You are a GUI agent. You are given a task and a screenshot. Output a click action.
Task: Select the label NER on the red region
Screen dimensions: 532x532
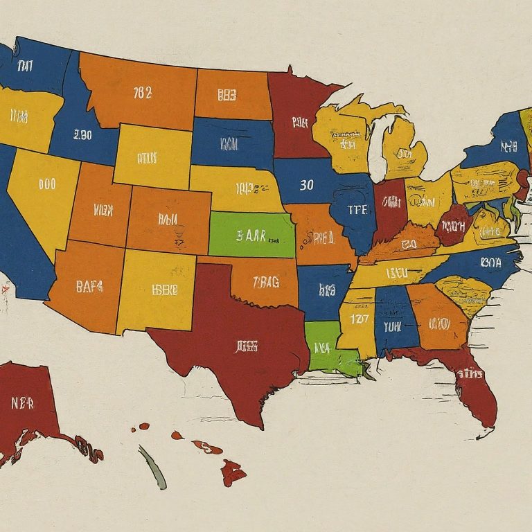coord(23,402)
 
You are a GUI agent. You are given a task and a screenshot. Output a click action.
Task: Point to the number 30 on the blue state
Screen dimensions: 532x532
coord(307,185)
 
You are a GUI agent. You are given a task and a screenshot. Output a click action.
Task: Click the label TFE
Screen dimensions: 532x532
coord(357,211)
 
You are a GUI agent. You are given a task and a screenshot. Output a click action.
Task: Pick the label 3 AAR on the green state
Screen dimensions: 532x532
coord(251,235)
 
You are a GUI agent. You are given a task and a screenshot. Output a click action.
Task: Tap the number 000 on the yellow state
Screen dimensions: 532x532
coord(47,184)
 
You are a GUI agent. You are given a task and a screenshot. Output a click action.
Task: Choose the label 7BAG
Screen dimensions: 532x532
coord(266,281)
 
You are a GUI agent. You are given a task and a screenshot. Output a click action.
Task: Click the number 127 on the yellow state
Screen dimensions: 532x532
coord(359,319)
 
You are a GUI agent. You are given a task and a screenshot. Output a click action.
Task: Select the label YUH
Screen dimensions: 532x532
coord(393,325)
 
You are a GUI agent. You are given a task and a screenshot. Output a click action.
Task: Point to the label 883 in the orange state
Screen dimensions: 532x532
coord(227,95)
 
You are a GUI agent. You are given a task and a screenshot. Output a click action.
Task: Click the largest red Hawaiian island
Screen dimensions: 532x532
coord(233,473)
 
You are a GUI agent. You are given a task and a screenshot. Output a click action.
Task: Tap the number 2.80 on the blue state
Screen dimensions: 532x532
coord(82,135)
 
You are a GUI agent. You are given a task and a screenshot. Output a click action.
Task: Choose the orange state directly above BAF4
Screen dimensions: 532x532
coord(100,206)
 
